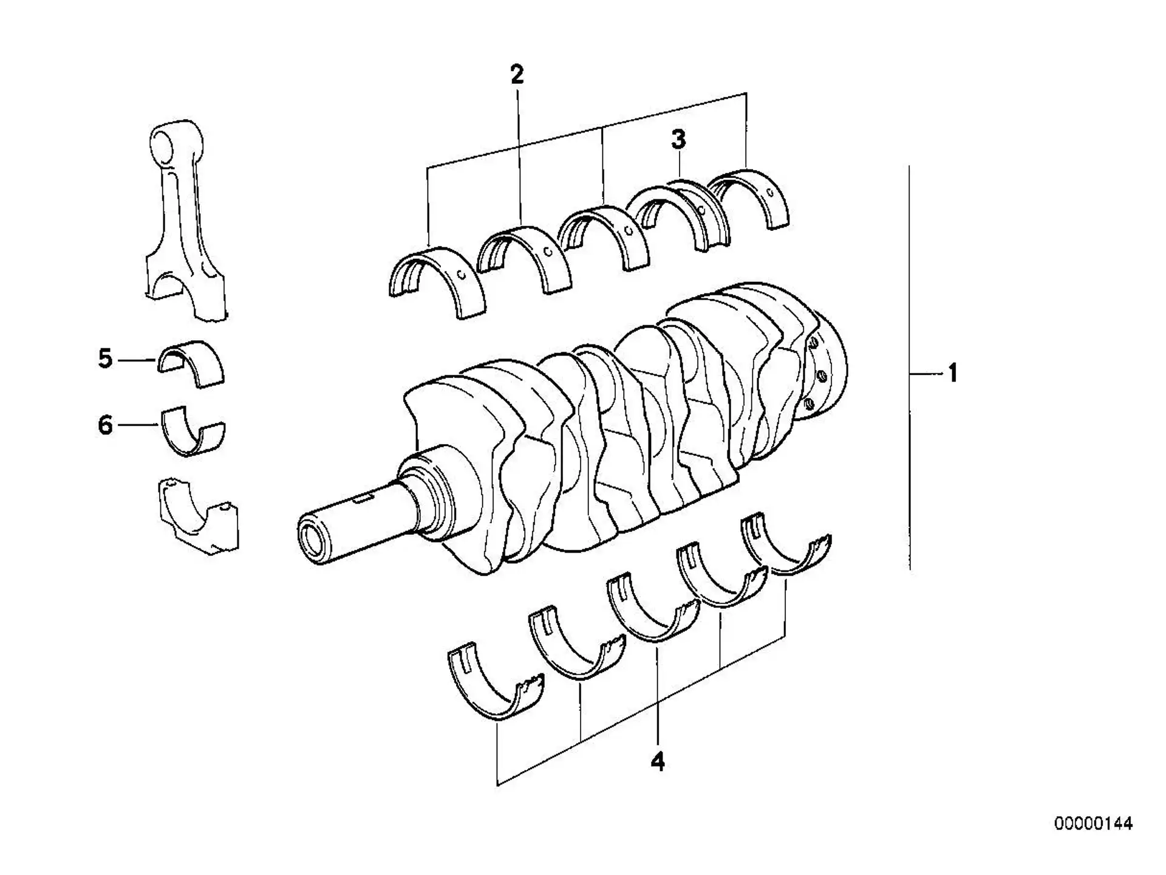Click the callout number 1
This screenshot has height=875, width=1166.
[952, 372]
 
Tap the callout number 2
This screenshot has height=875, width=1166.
[517, 75]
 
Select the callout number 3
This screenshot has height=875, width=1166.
[678, 139]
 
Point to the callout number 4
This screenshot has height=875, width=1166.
[658, 761]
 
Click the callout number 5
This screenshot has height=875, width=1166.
[106, 359]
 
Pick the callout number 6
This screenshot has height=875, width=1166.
[106, 425]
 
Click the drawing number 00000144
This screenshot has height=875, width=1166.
[1093, 824]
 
